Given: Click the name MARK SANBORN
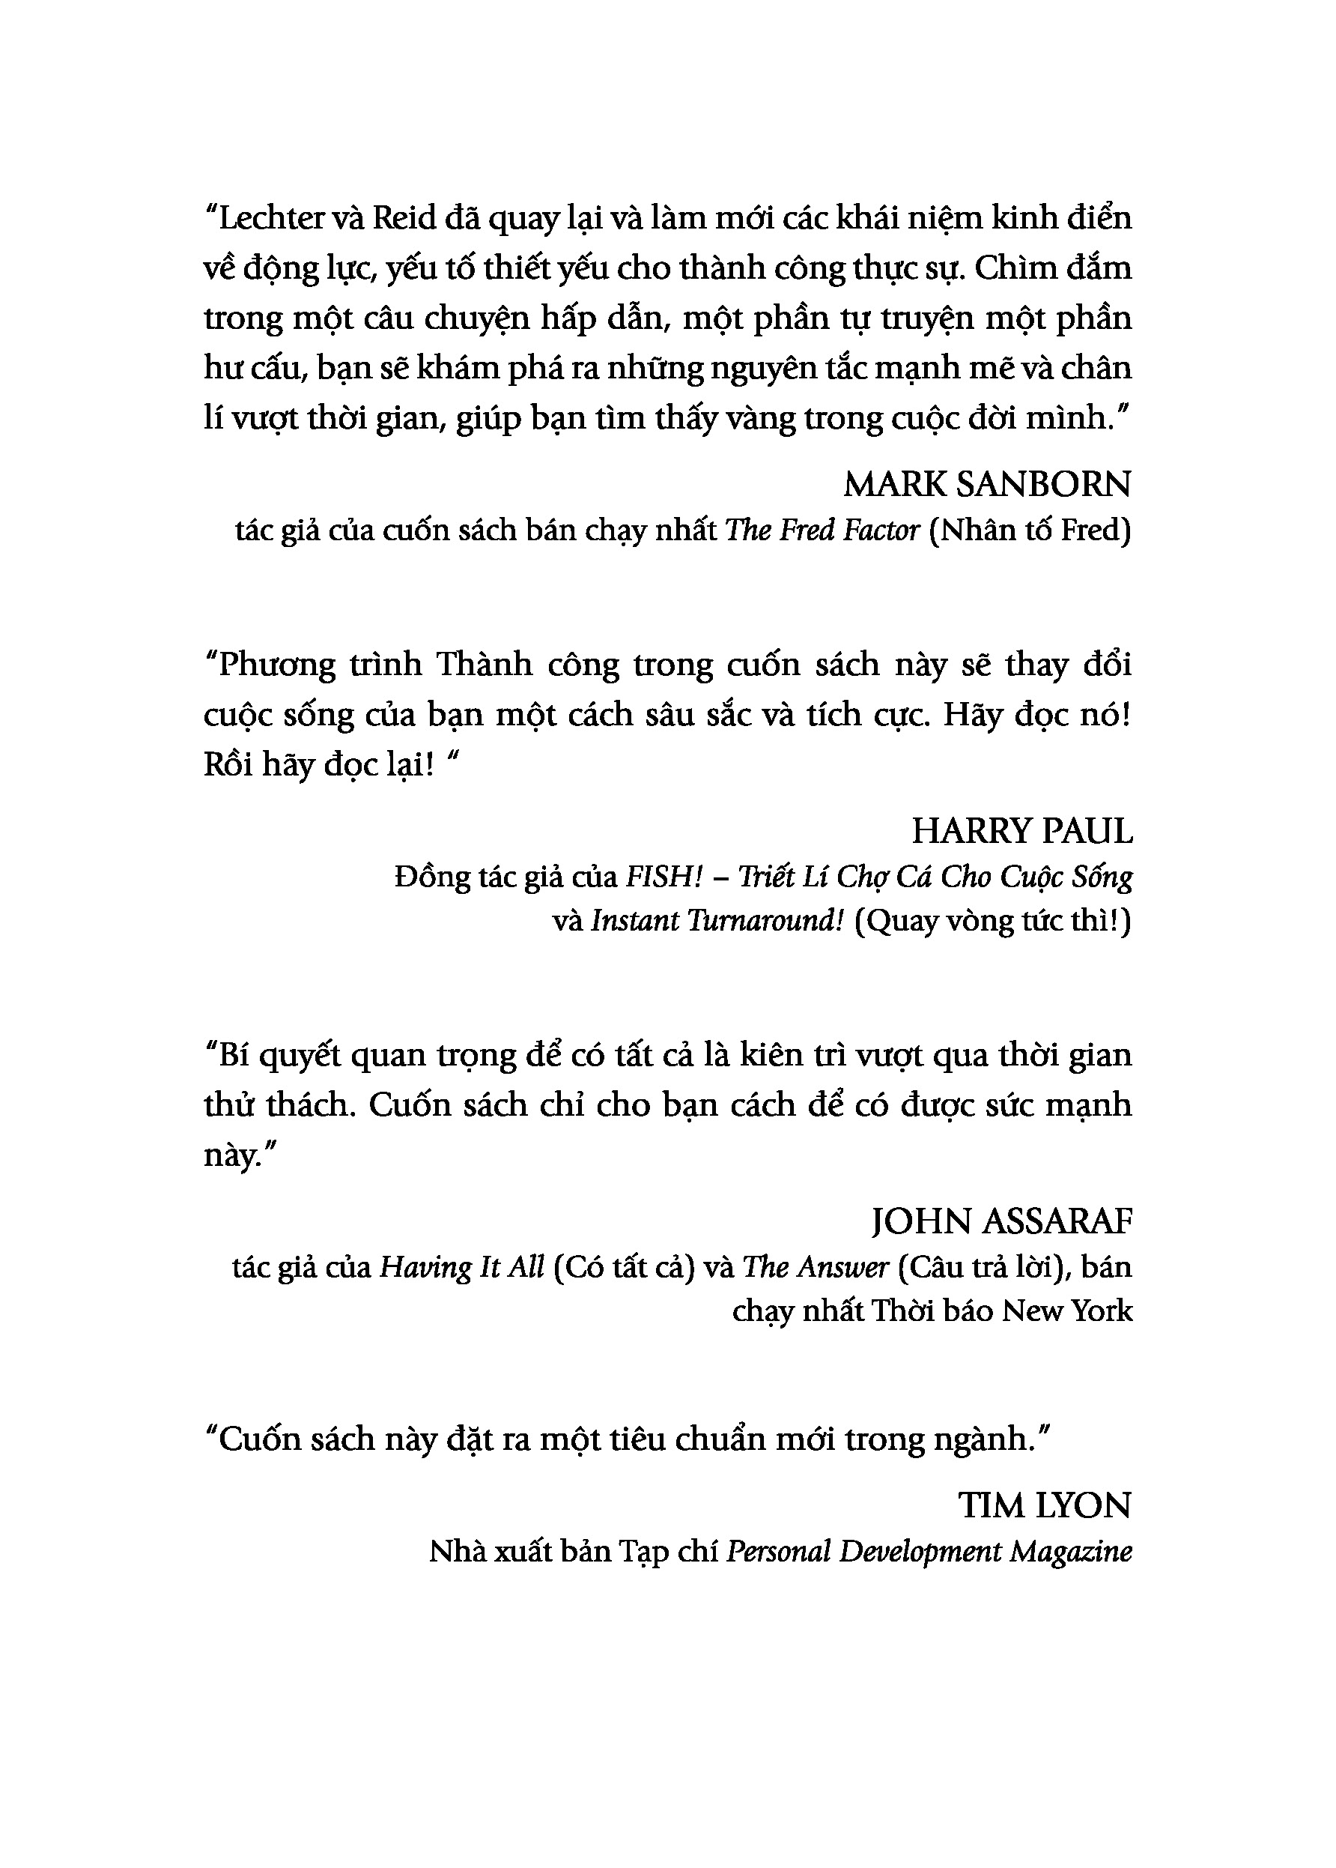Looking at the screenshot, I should click(987, 485).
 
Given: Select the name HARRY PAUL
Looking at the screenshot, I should click(1021, 832).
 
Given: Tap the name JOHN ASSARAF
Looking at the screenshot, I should click(1001, 1222).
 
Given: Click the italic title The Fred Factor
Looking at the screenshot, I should click(822, 531).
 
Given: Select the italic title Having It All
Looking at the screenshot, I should click(461, 1267).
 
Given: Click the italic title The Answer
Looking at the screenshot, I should click(816, 1267).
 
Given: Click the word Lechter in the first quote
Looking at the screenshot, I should click(272, 218).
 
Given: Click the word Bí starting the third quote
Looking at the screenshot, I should click(233, 1055).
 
